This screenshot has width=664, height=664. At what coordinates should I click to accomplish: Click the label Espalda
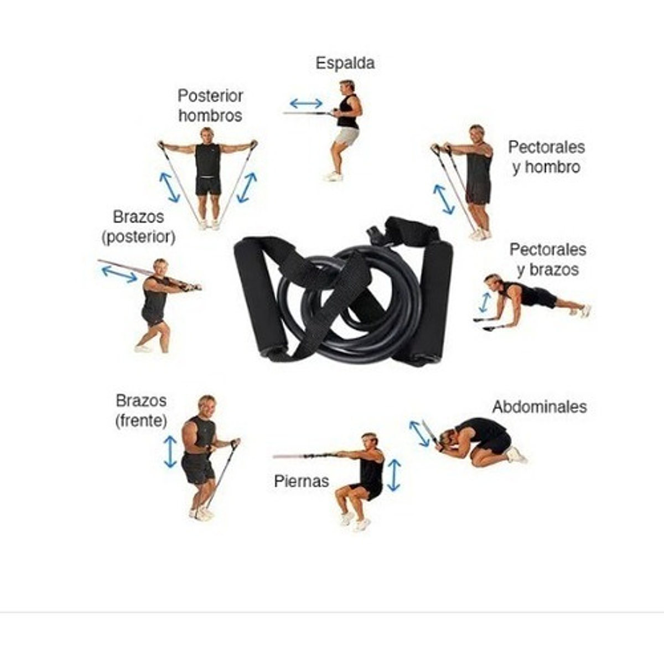(345, 63)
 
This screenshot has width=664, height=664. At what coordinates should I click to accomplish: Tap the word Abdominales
(539, 407)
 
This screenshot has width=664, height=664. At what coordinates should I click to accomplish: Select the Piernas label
(302, 481)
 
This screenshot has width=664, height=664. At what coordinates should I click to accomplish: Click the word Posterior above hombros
(210, 96)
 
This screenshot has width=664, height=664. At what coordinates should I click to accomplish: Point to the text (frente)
(141, 421)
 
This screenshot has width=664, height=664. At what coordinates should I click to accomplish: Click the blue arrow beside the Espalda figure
(306, 103)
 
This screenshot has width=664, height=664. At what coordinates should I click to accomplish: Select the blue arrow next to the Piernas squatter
(393, 475)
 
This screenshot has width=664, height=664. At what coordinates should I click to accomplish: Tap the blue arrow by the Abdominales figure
(419, 433)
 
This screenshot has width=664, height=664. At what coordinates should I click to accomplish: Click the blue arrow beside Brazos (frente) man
(170, 452)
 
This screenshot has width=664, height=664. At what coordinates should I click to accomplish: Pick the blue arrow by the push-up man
(485, 302)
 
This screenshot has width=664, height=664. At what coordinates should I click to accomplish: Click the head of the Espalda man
(347, 87)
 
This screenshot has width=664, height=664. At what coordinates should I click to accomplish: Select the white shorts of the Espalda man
(347, 136)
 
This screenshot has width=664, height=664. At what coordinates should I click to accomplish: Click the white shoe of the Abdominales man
(516, 455)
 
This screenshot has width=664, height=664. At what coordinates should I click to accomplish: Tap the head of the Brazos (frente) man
(207, 405)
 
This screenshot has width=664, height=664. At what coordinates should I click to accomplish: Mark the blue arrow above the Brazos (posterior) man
(119, 274)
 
